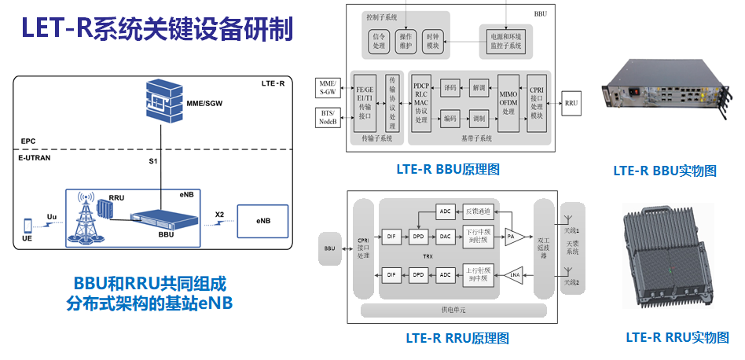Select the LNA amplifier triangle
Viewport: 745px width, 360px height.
(514, 274)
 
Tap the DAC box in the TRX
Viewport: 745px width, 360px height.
(445, 235)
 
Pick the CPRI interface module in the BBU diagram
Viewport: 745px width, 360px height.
(537, 103)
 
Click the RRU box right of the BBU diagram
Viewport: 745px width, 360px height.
(571, 103)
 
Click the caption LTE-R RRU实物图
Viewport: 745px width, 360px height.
(677, 337)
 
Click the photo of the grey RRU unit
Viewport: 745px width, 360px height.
(668, 255)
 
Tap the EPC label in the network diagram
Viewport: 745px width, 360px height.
(28, 142)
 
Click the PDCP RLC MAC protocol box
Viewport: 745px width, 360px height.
(421, 103)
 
